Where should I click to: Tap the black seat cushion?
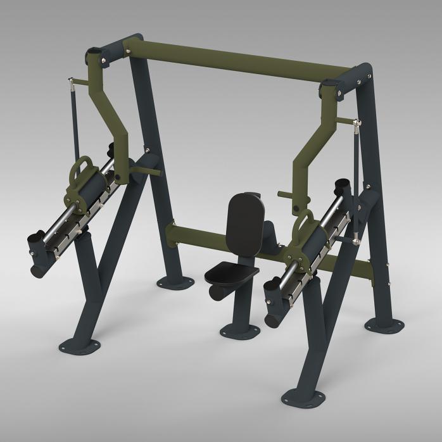click(x=232, y=274)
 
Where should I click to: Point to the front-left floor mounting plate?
click(x=80, y=345)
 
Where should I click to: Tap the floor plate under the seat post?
click(x=239, y=331)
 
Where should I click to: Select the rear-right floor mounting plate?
click(x=384, y=324)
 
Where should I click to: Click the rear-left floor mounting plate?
click(x=172, y=281)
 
